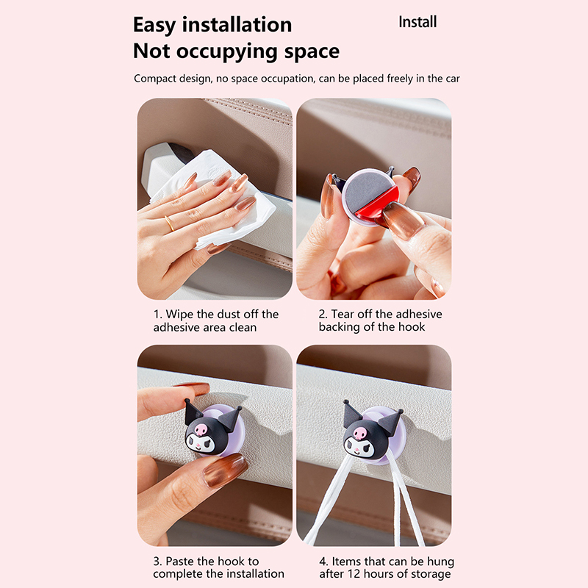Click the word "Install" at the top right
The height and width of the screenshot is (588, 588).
pyautogui.click(x=417, y=22)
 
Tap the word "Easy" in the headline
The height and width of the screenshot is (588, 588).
pyautogui.click(x=154, y=26)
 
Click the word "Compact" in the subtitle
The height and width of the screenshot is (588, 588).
pyautogui.click(x=155, y=79)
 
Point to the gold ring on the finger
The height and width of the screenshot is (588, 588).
pyautogui.click(x=169, y=223)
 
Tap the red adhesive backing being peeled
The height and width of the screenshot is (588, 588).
pyautogui.click(x=377, y=204)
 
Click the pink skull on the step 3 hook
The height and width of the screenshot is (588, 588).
pyautogui.click(x=201, y=429)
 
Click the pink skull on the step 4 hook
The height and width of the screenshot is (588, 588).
pyautogui.click(x=360, y=432)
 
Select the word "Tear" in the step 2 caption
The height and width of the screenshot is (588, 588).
pyautogui.click(x=343, y=314)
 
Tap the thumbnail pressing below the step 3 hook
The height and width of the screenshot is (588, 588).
pyautogui.click(x=225, y=470)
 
